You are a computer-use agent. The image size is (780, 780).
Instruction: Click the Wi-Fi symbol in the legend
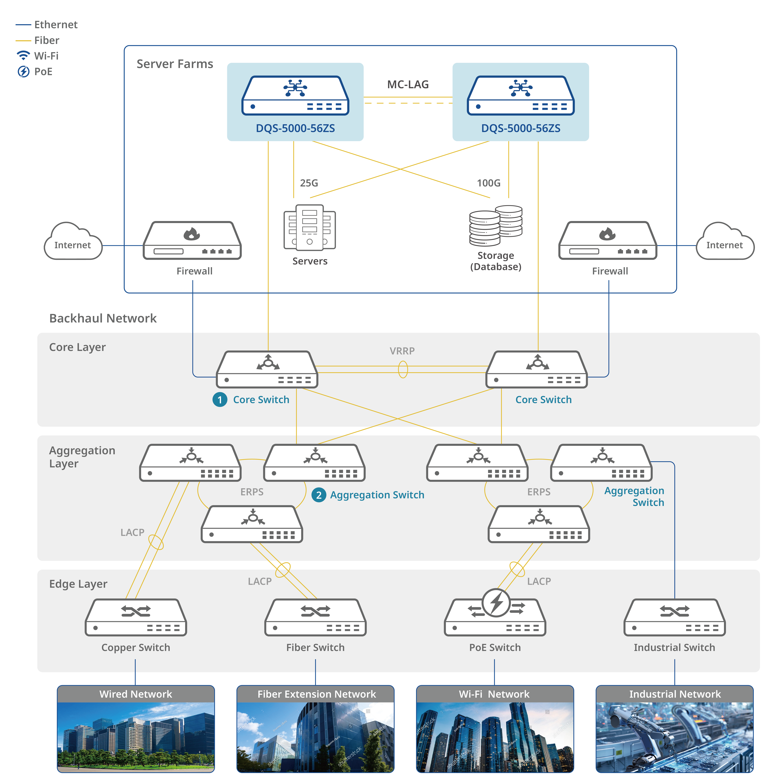(x=23, y=55)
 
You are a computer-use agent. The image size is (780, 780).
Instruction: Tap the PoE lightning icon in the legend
(x=23, y=72)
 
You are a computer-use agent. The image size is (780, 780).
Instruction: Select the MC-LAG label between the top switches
(x=408, y=84)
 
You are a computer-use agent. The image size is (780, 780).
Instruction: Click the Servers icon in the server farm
(x=310, y=227)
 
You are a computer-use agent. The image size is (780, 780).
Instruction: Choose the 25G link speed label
(x=309, y=183)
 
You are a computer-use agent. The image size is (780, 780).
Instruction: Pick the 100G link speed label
(x=488, y=183)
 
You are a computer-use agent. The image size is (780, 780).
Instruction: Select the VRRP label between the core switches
(x=402, y=351)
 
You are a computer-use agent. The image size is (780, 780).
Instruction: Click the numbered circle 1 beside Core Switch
(x=220, y=400)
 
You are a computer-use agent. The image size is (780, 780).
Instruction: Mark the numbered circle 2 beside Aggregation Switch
(x=318, y=495)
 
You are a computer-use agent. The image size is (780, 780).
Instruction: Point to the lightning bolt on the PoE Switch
(x=496, y=602)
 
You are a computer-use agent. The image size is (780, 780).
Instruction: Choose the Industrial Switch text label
(x=674, y=648)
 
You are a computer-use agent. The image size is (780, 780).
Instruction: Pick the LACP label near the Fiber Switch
(x=260, y=581)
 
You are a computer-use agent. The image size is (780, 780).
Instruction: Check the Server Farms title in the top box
(x=175, y=64)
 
